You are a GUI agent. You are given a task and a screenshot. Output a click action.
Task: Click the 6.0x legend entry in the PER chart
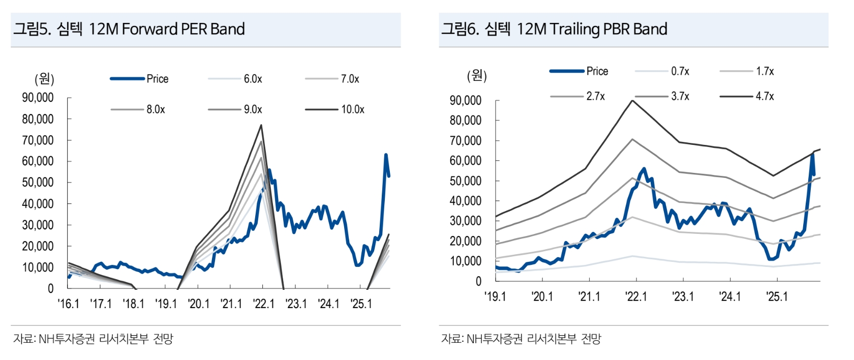click(x=253, y=79)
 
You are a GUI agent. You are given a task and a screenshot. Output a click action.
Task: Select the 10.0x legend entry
click(x=352, y=109)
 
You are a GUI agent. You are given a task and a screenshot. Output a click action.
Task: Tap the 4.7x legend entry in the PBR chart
click(x=765, y=96)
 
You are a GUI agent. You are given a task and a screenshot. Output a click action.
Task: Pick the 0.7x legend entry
click(x=680, y=71)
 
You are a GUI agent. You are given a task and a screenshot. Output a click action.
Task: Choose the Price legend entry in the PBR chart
click(x=597, y=71)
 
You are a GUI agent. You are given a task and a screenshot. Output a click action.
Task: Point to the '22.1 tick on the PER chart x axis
click(x=263, y=304)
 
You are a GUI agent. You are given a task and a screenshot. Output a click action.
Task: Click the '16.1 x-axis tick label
click(x=68, y=304)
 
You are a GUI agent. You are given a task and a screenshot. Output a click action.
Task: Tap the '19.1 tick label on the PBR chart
click(x=495, y=296)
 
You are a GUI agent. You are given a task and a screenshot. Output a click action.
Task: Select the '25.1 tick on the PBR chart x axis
click(x=777, y=296)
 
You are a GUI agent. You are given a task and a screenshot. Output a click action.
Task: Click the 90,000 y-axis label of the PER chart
click(x=38, y=98)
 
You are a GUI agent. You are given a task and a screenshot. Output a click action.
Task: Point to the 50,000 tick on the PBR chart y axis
click(x=466, y=181)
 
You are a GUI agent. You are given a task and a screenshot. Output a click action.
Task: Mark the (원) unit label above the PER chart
click(x=44, y=79)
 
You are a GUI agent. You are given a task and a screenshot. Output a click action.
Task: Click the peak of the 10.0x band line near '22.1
click(x=261, y=125)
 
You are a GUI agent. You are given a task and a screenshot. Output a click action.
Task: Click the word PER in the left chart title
click(x=190, y=29)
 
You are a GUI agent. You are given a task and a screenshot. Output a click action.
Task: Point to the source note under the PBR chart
click(x=521, y=339)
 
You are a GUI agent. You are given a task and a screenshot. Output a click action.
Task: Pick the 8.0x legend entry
click(x=156, y=109)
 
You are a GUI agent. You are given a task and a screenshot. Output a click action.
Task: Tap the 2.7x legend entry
click(x=595, y=96)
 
